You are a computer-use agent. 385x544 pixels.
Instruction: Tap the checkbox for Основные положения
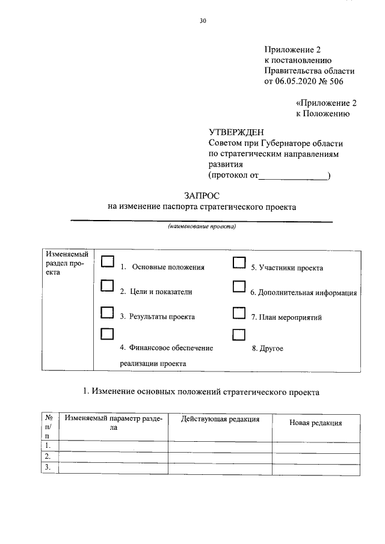tap(108, 261)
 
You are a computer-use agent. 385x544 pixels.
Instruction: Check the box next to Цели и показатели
tap(108, 287)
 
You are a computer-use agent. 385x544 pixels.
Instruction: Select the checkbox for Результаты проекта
tap(108, 311)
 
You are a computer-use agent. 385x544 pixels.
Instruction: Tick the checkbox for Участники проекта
tap(239, 262)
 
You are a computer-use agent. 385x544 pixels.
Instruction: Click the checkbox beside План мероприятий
tap(239, 312)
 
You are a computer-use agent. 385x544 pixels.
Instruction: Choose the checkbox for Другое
tap(239, 334)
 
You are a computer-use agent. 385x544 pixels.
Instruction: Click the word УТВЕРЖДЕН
tap(236, 132)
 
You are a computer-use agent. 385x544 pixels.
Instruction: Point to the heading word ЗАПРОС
tap(202, 195)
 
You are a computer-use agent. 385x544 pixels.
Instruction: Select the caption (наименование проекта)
tap(202, 227)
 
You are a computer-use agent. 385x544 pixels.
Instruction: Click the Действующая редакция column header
tap(220, 419)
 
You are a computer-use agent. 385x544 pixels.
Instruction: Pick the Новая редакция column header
tap(315, 423)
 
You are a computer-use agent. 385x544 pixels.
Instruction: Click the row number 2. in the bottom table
tap(48, 456)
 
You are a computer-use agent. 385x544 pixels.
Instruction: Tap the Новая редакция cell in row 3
tap(316, 467)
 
